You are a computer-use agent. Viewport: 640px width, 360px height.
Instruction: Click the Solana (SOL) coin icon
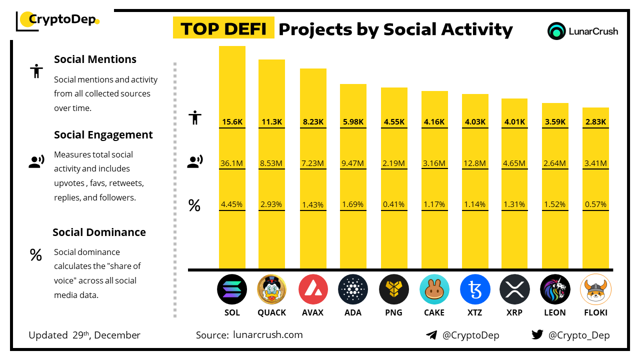[232, 289]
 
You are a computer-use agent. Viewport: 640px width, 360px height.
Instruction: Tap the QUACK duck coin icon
[271, 289]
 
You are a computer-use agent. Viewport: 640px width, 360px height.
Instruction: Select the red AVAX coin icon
[313, 289]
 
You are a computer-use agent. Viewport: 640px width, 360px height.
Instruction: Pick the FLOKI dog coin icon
[595, 289]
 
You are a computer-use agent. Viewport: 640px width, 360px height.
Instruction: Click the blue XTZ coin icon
[475, 289]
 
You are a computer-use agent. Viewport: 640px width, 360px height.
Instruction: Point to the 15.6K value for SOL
[232, 121]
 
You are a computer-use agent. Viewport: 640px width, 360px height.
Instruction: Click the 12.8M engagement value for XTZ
[475, 163]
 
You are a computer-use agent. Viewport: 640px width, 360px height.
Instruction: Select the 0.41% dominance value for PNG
[394, 204]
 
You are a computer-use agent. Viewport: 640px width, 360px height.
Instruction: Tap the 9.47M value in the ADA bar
[353, 163]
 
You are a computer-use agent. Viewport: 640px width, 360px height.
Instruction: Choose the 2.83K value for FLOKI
[595, 121]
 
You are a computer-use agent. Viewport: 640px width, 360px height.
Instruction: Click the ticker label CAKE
[434, 312]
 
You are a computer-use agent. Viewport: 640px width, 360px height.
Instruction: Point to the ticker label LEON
[555, 312]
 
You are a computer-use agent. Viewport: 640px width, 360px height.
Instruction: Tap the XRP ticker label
[514, 312]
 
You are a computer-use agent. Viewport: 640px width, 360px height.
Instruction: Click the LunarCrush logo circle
[556, 31]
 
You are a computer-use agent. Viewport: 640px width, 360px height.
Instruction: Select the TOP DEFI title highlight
[223, 29]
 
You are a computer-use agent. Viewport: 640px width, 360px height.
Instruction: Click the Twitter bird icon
[537, 335]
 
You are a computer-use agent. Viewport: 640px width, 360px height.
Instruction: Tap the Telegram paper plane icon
[431, 335]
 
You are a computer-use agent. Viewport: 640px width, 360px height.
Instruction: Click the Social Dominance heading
[99, 232]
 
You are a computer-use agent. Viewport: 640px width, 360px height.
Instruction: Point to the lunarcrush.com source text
[268, 335]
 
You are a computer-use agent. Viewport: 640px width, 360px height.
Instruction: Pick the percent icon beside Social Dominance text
[35, 255]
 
